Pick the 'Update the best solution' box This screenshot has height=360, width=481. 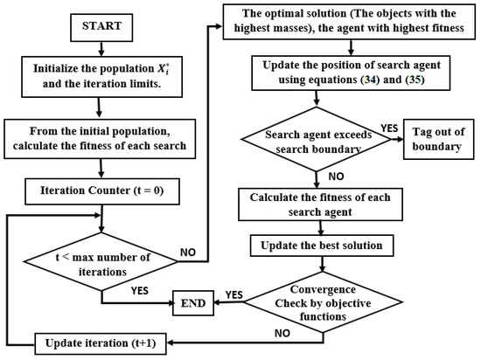point(330,246)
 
